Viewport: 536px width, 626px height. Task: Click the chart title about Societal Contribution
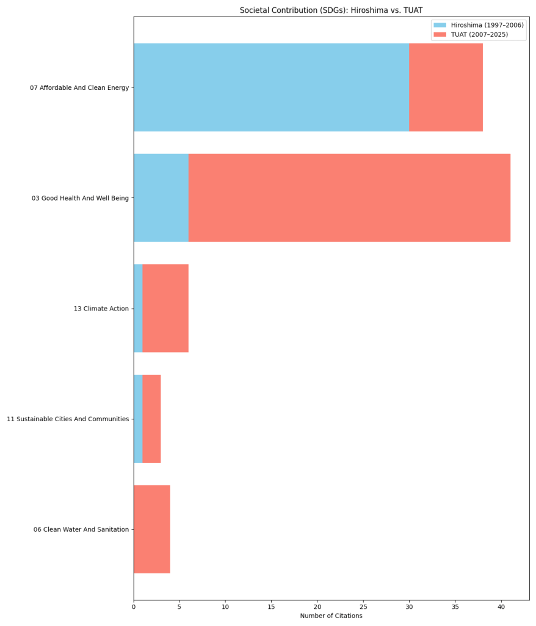(x=331, y=10)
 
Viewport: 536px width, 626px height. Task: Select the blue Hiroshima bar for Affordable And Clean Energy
(x=271, y=87)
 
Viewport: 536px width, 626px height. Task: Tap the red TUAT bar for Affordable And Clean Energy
(x=446, y=87)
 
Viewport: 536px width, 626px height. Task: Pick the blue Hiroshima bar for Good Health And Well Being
(x=161, y=198)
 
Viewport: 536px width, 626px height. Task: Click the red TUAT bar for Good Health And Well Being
(x=349, y=198)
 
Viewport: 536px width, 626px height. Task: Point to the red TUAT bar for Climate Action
(x=165, y=308)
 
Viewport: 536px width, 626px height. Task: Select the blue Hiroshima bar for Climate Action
(x=138, y=308)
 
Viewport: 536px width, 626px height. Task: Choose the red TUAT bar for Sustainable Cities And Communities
(x=151, y=419)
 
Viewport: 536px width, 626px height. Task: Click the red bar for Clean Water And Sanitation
(x=152, y=529)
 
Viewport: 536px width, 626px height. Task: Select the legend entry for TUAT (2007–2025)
(x=479, y=35)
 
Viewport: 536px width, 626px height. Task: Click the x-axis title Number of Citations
(x=331, y=616)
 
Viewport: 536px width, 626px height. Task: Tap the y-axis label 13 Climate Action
(x=101, y=309)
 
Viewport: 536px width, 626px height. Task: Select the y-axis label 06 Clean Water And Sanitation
(x=81, y=529)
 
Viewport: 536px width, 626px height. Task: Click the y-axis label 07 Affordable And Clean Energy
(x=79, y=88)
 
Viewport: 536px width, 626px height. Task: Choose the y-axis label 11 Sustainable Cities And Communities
(x=68, y=419)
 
